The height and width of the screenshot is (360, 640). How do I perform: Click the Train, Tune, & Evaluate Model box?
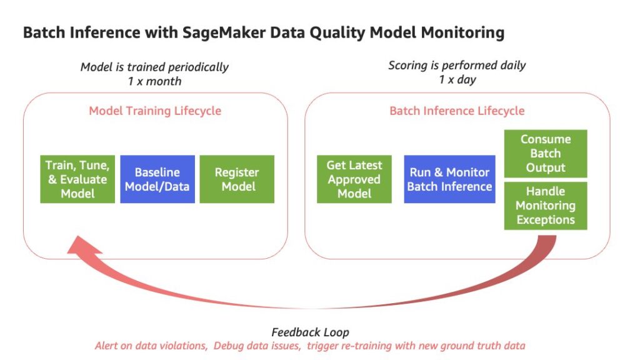point(77,179)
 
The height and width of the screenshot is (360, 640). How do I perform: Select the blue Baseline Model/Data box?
point(157,179)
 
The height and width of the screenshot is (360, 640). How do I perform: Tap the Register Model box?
point(237,179)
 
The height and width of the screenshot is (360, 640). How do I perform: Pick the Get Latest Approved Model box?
point(354,179)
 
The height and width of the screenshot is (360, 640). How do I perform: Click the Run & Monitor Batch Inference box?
point(449,179)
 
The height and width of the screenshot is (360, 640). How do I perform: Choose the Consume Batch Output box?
point(546,154)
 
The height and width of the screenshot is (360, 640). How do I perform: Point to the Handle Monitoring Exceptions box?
point(546,206)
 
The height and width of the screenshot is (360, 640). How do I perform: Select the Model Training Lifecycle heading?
point(155,111)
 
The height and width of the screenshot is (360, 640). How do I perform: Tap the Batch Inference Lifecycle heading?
point(457,111)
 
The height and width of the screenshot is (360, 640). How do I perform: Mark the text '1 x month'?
point(154,81)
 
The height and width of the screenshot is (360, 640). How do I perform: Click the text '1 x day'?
point(457,79)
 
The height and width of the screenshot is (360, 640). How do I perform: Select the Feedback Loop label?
point(310,332)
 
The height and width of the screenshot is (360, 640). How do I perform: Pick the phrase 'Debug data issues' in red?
point(257,346)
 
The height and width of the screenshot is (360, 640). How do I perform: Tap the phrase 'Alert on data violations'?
point(151,346)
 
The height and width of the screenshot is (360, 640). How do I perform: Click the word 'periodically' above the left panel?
point(198,67)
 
